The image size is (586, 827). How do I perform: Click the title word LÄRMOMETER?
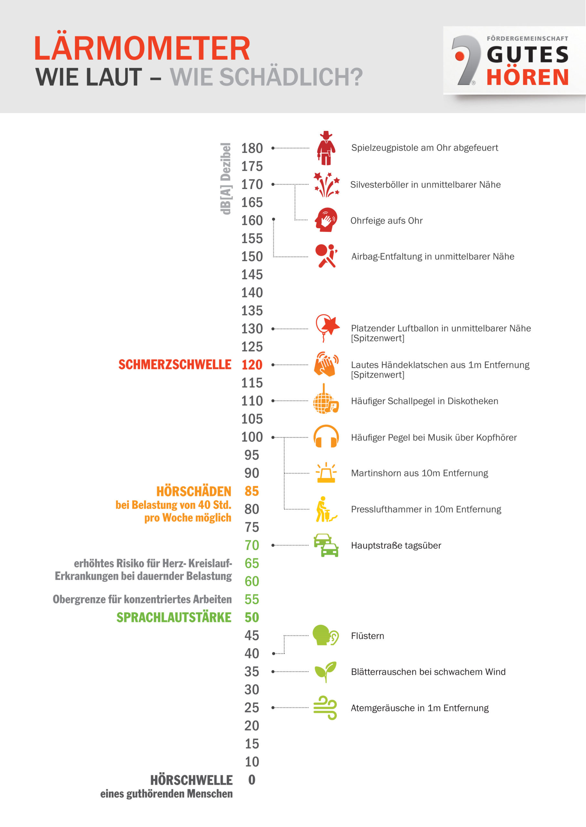[x=142, y=48]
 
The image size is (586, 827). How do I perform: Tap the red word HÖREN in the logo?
[x=527, y=78]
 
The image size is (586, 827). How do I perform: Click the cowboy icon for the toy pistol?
[x=326, y=148]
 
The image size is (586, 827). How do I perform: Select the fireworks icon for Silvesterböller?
[x=326, y=184]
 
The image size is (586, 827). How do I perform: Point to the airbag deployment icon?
[x=326, y=256]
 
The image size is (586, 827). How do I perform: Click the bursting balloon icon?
[x=327, y=328]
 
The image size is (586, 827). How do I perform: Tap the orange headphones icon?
[x=326, y=436]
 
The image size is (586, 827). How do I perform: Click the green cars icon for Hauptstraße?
[x=326, y=545]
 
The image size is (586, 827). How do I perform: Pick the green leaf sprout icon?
[x=326, y=672]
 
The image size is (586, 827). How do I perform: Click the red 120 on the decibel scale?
[x=252, y=365]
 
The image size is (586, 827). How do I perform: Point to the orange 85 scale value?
[x=252, y=491]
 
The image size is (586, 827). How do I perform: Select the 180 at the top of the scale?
[x=252, y=148]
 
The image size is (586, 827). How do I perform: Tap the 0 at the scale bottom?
[x=252, y=780]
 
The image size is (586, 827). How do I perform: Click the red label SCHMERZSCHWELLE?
[x=175, y=365]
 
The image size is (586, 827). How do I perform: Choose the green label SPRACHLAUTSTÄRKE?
[x=173, y=617]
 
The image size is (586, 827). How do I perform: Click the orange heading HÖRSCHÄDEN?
[x=194, y=491]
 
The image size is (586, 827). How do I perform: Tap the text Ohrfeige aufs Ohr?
[x=386, y=220]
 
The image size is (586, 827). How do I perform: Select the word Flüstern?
[x=367, y=636]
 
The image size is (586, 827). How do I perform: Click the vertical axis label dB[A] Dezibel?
[x=226, y=179]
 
